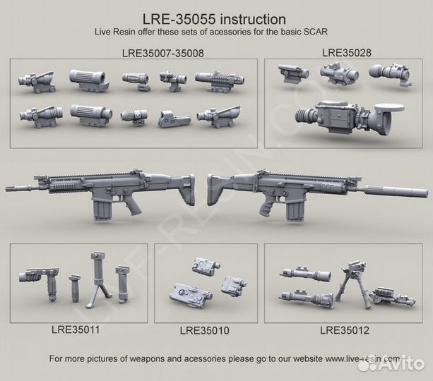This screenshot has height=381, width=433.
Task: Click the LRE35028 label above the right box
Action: tap(347, 52)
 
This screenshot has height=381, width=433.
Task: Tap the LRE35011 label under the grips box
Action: tap(76, 329)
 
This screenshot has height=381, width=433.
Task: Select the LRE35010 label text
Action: tap(204, 330)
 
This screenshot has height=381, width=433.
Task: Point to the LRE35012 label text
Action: tap(345, 330)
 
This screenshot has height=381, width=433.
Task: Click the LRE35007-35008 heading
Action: tap(163, 53)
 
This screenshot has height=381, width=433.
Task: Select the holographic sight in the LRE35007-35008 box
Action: tap(174, 119)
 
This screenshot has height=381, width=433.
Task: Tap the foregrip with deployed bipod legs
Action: tap(99, 279)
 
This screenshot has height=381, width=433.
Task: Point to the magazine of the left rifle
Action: tap(102, 209)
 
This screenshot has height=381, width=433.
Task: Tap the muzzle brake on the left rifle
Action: tap(13, 188)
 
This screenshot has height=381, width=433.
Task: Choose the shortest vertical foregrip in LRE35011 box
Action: tap(75, 288)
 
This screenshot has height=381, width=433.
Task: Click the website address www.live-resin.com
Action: tap(362, 358)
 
